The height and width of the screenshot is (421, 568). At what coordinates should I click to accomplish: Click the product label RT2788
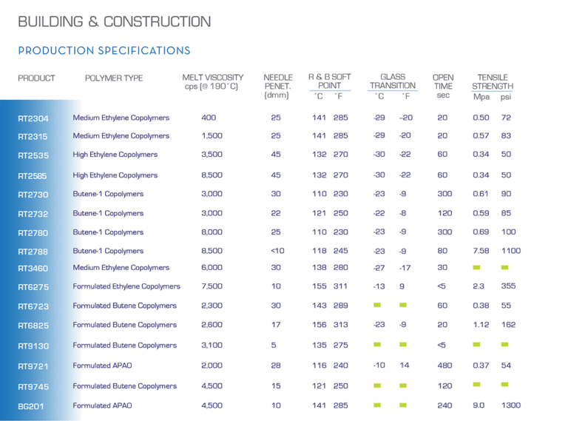(x=33, y=251)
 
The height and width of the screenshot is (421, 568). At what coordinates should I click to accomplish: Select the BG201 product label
(x=30, y=405)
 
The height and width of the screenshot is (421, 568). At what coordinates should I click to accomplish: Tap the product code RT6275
(x=33, y=286)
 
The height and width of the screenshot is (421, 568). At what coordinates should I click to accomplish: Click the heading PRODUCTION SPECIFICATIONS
(x=104, y=51)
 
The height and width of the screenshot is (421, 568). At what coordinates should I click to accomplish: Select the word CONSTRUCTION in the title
(x=156, y=22)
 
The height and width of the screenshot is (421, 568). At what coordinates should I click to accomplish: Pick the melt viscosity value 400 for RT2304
(x=209, y=118)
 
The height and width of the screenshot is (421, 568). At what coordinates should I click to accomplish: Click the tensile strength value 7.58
(x=481, y=251)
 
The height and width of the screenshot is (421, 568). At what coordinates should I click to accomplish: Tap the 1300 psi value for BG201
(x=510, y=405)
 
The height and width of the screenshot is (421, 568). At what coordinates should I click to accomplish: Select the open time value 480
(x=443, y=366)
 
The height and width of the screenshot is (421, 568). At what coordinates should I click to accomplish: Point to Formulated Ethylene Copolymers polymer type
(x=126, y=286)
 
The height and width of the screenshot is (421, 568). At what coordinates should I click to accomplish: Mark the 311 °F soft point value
(x=340, y=286)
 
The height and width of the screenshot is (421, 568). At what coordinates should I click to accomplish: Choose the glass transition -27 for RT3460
(x=379, y=268)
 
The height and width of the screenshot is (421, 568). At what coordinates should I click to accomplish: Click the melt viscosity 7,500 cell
(x=212, y=286)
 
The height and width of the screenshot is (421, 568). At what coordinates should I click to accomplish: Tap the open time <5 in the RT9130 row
(x=442, y=345)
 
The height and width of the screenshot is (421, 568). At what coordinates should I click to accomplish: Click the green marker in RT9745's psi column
(x=505, y=385)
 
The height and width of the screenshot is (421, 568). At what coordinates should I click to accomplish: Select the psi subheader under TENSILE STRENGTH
(x=505, y=96)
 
